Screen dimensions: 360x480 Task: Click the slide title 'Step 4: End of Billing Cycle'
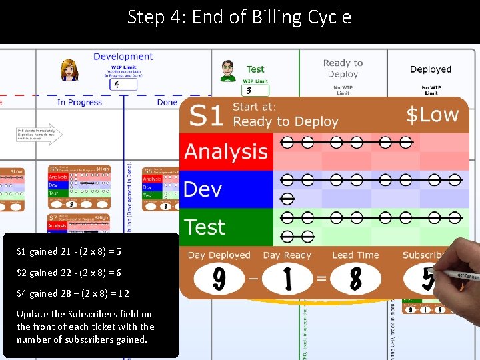click(x=239, y=17)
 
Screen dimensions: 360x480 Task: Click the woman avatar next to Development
click(x=69, y=69)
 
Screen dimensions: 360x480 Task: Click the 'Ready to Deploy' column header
click(x=343, y=69)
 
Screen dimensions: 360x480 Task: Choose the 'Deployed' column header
click(x=431, y=69)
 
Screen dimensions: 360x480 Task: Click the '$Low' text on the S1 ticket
click(x=433, y=114)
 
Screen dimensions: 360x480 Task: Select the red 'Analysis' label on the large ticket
click(x=226, y=151)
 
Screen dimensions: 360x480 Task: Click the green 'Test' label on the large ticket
click(x=205, y=227)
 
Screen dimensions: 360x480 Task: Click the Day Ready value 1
click(x=287, y=279)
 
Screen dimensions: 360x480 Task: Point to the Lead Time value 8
click(x=355, y=279)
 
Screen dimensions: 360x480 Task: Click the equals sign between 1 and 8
click(x=321, y=279)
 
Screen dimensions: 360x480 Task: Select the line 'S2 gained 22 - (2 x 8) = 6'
click(x=69, y=273)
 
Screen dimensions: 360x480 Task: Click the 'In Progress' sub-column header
click(x=79, y=102)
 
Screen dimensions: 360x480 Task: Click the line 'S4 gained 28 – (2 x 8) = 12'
click(x=73, y=293)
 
